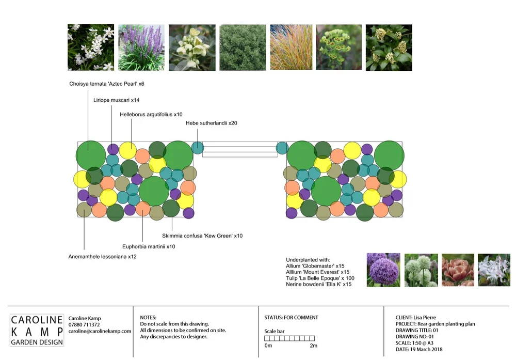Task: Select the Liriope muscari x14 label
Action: (x=116, y=100)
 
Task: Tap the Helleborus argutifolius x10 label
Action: (x=151, y=114)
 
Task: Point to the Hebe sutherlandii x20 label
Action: (x=212, y=123)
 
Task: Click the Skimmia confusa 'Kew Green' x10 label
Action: (x=202, y=236)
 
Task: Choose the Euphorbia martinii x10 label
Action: (x=149, y=247)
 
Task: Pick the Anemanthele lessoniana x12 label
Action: (x=103, y=257)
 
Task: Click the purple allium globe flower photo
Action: (x=383, y=270)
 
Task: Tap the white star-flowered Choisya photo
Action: (x=91, y=48)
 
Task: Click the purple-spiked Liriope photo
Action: (x=141, y=48)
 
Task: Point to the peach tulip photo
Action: (x=458, y=270)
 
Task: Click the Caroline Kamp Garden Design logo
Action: (x=37, y=331)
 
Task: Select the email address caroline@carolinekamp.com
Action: (x=100, y=331)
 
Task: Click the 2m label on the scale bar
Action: (x=313, y=346)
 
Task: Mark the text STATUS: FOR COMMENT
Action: (x=291, y=318)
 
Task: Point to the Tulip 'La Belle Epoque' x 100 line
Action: (x=320, y=278)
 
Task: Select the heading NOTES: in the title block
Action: (x=148, y=318)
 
